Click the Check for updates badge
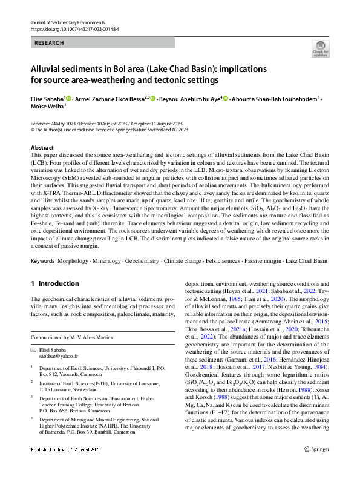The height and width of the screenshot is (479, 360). coord(319,48)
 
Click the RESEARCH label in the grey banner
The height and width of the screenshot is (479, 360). coord(50,43)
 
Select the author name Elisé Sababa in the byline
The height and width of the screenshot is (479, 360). coord(47,98)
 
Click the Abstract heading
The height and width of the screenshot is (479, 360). coord(42,147)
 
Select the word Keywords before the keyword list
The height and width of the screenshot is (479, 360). coord(42,260)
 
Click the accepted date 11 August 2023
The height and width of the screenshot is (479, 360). coord(168,122)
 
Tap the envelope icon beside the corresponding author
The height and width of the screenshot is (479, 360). coord(34,351)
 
